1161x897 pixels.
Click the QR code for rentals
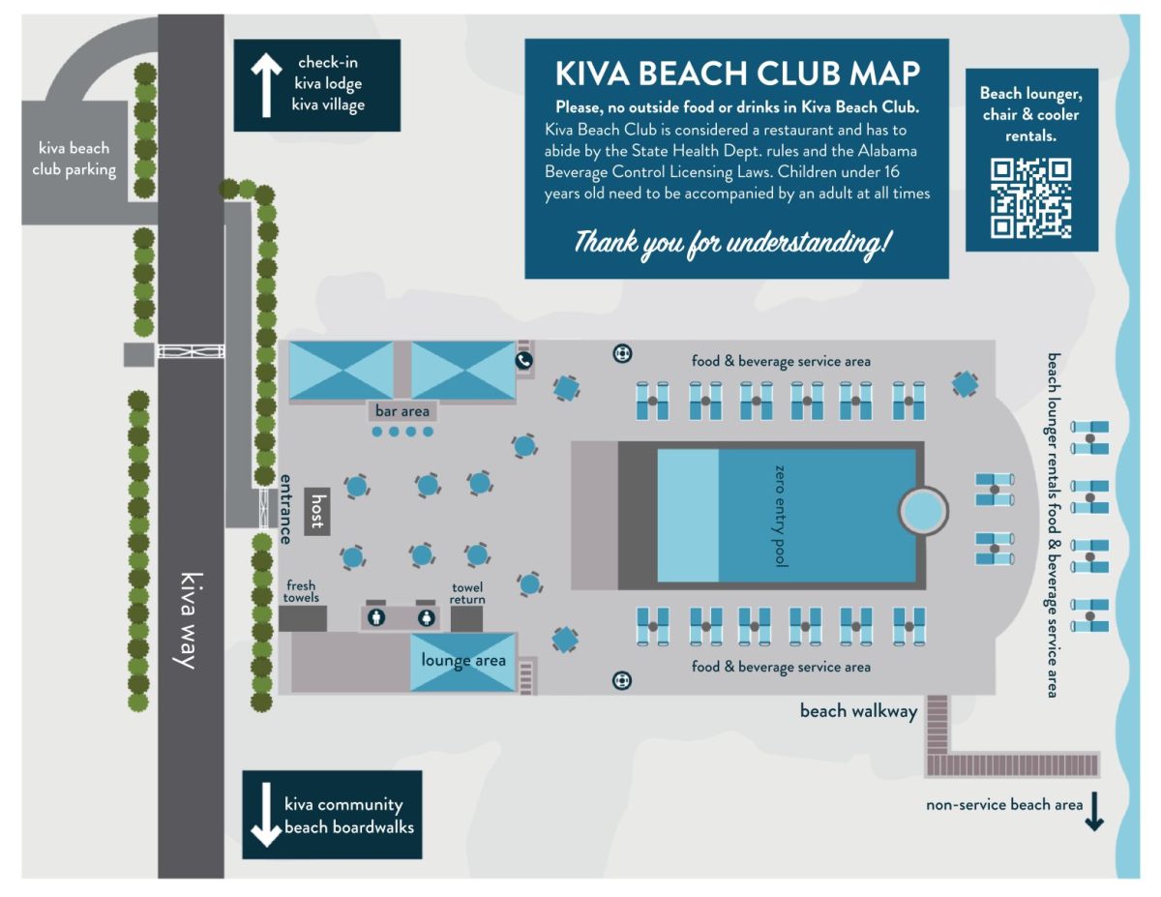point(1030,198)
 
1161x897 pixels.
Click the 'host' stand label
point(316,511)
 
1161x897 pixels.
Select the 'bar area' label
point(402,411)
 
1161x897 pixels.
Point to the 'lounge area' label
point(463,661)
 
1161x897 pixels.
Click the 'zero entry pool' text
point(782,515)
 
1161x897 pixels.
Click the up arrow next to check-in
point(265,84)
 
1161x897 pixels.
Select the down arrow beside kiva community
point(265,816)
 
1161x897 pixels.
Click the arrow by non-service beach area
point(1093,811)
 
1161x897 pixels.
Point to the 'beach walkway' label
point(858,711)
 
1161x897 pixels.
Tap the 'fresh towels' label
point(300,592)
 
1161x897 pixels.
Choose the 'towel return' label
point(468,593)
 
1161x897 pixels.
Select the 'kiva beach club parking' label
point(74,160)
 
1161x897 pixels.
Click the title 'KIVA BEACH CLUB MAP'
point(737,74)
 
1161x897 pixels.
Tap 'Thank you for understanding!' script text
point(731,242)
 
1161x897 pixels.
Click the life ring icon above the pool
point(622,353)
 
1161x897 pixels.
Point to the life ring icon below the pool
point(621,680)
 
